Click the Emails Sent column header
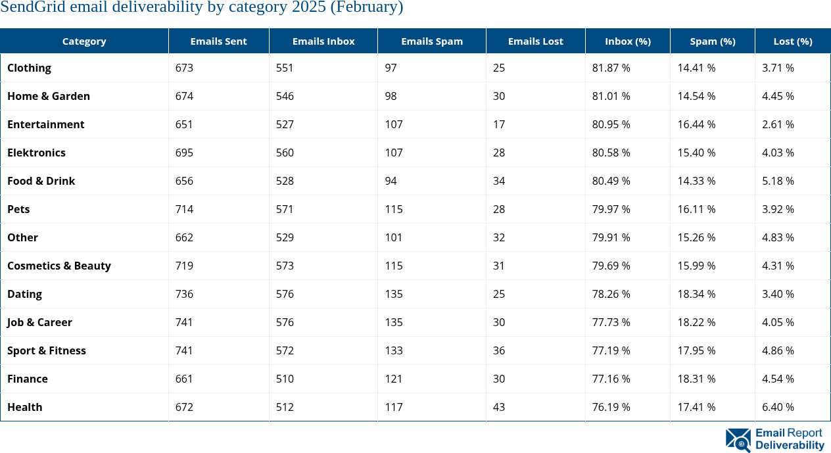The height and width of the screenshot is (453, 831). [x=218, y=41]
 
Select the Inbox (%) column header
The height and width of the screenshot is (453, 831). [x=627, y=41]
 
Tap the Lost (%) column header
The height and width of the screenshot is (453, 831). [x=792, y=41]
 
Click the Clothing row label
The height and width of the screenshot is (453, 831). [x=29, y=68]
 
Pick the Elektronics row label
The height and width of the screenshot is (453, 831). [x=36, y=153]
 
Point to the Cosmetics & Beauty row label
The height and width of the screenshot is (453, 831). [x=59, y=266]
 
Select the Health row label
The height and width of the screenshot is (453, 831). [x=25, y=407]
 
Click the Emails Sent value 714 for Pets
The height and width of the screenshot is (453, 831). [x=184, y=209]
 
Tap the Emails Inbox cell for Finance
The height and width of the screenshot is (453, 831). [x=285, y=379]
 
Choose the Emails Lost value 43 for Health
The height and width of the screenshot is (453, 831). [x=499, y=407]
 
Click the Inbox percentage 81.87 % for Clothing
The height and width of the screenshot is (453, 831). [x=611, y=68]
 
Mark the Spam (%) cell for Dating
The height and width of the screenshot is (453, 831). [x=696, y=294]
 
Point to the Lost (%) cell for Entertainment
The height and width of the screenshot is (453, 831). [x=778, y=124]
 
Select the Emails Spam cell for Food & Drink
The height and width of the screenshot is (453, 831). [x=391, y=181]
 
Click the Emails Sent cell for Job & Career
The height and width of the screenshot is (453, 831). [x=184, y=322]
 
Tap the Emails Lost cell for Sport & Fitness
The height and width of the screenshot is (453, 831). [x=499, y=350]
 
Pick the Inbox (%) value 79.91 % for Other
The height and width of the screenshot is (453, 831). [x=611, y=237]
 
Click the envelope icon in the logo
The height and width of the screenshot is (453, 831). [x=738, y=439]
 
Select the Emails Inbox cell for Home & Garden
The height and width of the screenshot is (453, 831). [x=285, y=96]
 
